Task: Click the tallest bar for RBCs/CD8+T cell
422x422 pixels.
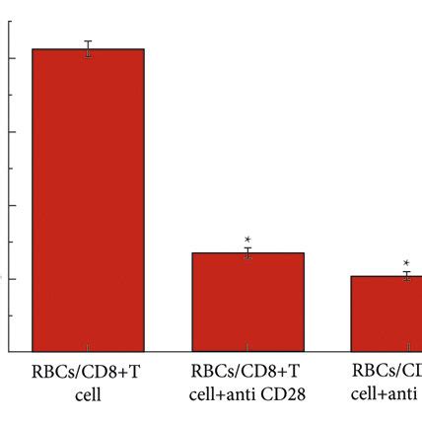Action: tap(88, 197)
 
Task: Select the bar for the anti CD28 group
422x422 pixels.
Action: tap(247, 302)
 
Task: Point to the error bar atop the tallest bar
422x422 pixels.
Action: tap(88, 49)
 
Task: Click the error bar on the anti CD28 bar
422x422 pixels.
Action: tap(247, 253)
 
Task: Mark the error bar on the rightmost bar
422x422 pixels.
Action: tap(405, 276)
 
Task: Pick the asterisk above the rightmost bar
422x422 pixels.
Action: tap(405, 262)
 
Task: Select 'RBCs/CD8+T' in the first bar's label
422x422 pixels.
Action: tap(88, 373)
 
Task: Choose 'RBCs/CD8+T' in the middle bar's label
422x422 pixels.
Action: tap(247, 373)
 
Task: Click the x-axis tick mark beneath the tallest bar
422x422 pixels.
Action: tap(88, 348)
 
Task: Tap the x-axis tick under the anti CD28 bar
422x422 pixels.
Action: tap(247, 348)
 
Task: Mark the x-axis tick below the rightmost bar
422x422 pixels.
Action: tap(405, 348)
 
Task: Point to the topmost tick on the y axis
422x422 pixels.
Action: tap(10, 22)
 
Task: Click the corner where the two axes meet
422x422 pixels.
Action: tap(8, 351)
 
